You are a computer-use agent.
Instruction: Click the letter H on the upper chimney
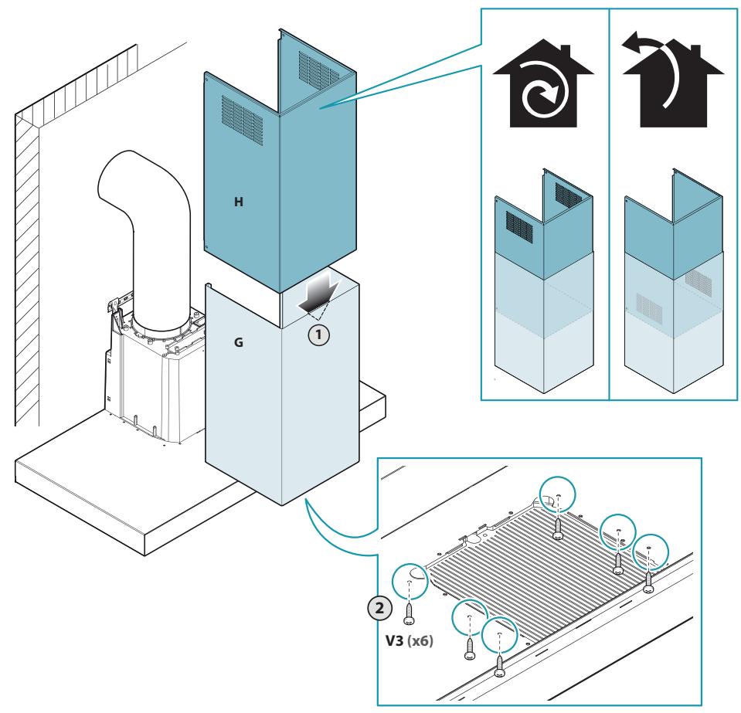[x=239, y=202]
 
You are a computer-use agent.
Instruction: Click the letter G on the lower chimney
[x=239, y=342]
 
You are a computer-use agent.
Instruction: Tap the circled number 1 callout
[x=318, y=335]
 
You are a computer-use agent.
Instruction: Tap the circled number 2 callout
[x=379, y=608]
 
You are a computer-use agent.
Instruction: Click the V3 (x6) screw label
[x=410, y=640]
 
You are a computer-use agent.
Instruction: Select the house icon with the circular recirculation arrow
[x=543, y=83]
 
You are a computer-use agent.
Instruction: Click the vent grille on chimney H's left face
[x=242, y=120]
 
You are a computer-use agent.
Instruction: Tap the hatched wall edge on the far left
[x=27, y=270]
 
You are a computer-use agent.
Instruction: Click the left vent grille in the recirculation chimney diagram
[x=519, y=227]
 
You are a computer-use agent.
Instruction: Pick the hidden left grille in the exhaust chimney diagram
[x=649, y=306]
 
